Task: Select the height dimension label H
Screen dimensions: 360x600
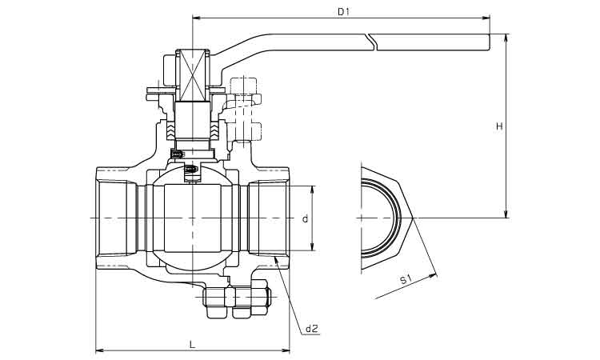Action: [x=498, y=126]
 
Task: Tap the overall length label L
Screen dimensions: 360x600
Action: [x=192, y=344]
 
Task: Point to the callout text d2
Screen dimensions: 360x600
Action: [x=311, y=329]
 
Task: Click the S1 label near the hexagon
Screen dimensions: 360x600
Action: [x=405, y=279]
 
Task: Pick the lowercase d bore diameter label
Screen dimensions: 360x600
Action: [x=304, y=218]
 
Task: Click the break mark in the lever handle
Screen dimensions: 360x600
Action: [x=371, y=41]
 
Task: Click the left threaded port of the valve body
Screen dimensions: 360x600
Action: [x=116, y=218]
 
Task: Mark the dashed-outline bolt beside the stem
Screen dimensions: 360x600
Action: [x=243, y=112]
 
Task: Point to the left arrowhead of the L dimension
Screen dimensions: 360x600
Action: [x=98, y=350]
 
